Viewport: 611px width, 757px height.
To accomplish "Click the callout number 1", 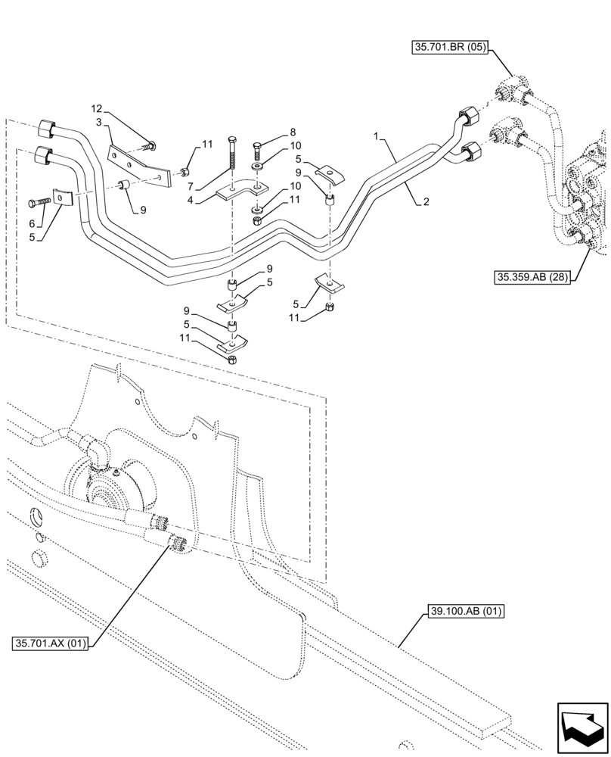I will tap(375, 136).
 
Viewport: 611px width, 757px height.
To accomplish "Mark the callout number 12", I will tap(97, 109).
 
